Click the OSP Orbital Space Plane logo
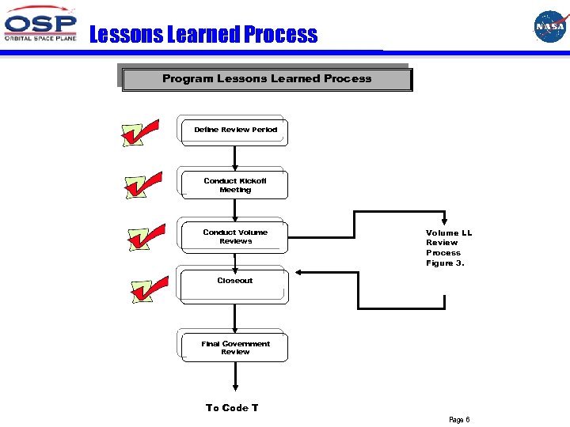click(41, 27)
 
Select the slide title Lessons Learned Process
click(203, 35)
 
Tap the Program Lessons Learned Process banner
click(267, 79)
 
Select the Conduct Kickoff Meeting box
click(235, 185)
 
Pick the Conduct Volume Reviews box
click(235, 236)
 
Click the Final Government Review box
click(235, 348)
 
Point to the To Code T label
click(232, 408)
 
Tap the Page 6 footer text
click(459, 420)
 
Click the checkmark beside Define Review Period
click(140, 134)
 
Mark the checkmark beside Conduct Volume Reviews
click(146, 236)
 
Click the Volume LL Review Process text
click(449, 248)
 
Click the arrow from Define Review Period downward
click(235, 157)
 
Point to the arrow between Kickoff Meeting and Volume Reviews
click(235, 209)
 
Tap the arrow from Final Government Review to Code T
click(235, 378)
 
